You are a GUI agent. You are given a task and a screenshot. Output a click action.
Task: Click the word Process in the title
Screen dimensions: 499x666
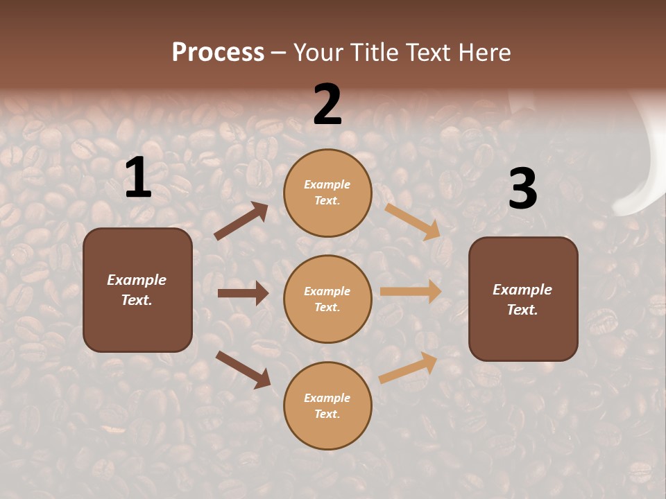(x=218, y=52)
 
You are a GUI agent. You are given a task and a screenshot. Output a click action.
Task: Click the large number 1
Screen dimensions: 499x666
(x=138, y=178)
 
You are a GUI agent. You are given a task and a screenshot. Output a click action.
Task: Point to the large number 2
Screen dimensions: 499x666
(x=327, y=105)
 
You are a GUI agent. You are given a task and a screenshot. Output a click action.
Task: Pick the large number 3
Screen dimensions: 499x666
(x=522, y=189)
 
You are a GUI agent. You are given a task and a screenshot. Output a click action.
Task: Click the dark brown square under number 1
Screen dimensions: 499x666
(x=137, y=290)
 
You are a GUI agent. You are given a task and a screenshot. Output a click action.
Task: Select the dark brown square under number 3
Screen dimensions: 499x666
(x=523, y=299)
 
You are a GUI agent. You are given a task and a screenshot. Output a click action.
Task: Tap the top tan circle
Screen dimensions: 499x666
(x=327, y=193)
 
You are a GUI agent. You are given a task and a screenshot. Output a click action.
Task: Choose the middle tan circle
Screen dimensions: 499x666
(x=327, y=299)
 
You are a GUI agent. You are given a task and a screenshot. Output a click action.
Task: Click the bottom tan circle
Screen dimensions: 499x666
(x=327, y=405)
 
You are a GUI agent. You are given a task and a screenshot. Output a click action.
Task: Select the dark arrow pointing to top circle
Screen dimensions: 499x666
(x=241, y=221)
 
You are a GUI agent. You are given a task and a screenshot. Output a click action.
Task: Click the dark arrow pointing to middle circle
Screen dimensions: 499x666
(x=243, y=293)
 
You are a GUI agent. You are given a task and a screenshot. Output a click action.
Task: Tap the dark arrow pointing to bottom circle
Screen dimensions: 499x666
(x=243, y=369)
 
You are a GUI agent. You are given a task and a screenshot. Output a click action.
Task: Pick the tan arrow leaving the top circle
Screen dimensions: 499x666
(x=413, y=222)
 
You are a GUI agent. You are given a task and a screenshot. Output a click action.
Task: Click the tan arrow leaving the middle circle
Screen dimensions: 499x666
(x=411, y=291)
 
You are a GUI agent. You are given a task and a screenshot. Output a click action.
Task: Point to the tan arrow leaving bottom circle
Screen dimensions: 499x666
(x=409, y=367)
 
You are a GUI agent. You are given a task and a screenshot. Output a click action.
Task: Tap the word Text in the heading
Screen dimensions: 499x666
(x=432, y=52)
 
